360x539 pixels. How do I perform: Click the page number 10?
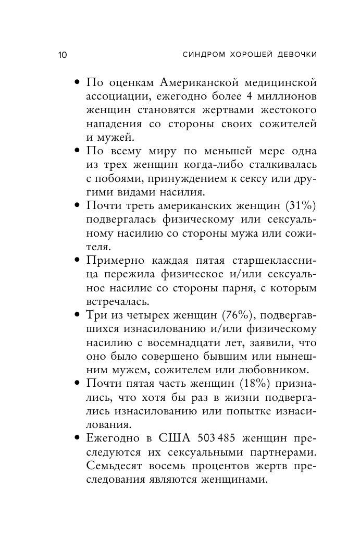click(x=61, y=55)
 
